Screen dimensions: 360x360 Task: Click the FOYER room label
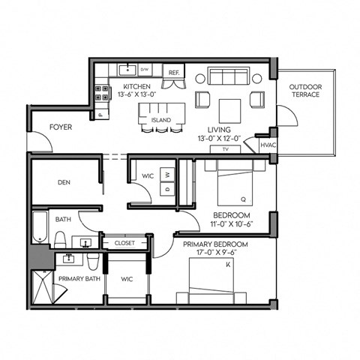(61, 127)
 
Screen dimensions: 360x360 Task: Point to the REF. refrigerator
(173, 73)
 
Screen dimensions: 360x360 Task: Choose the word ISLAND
(160, 120)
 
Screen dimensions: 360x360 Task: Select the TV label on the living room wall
(224, 149)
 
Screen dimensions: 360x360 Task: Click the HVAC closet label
(268, 145)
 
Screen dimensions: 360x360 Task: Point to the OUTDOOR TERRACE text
(306, 91)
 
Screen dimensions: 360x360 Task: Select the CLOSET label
(124, 243)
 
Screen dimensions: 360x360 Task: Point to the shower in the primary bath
(42, 288)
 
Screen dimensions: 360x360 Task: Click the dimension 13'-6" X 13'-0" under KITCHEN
(136, 94)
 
